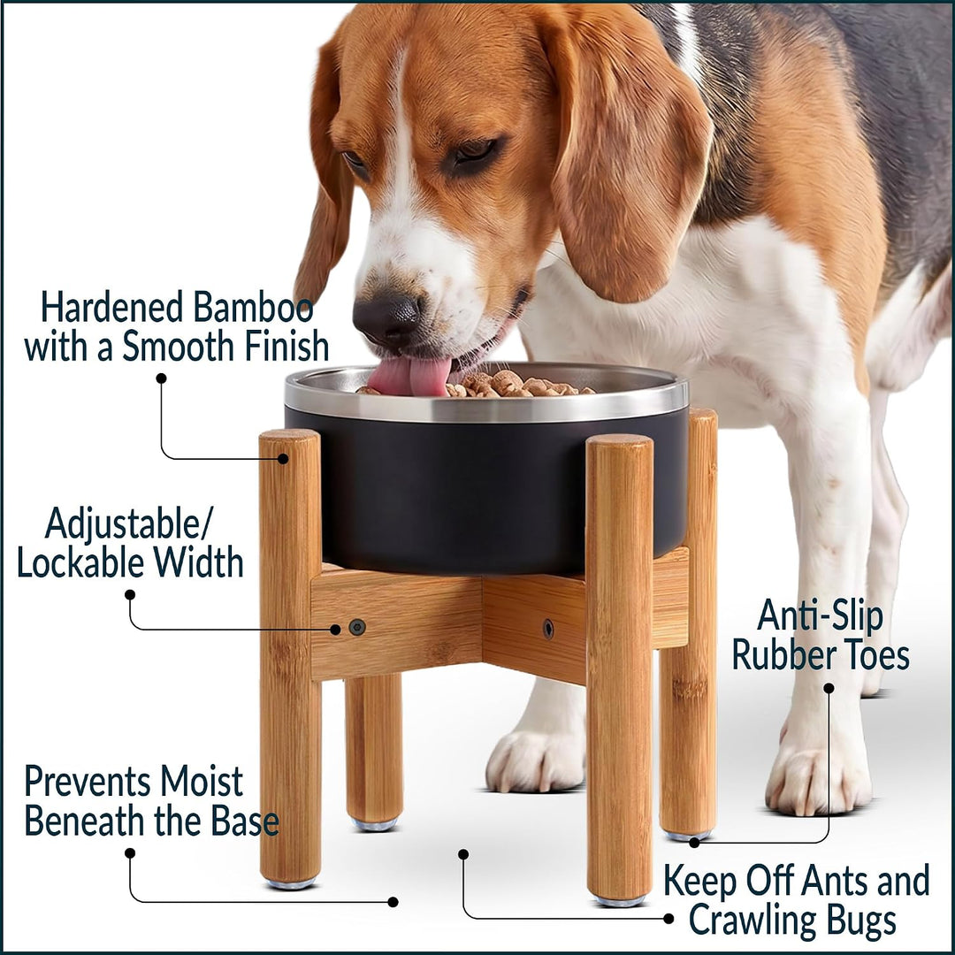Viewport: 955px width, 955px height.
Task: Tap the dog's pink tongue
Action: click(x=409, y=375)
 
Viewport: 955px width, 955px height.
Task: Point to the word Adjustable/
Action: click(x=129, y=523)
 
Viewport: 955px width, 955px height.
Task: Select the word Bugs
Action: click(x=861, y=921)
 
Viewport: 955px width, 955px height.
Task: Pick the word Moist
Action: click(x=202, y=782)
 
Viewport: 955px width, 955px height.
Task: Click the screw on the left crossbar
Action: click(x=357, y=627)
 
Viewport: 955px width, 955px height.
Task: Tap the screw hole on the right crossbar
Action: click(x=548, y=629)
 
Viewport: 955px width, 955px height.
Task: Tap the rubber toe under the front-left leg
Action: click(x=291, y=883)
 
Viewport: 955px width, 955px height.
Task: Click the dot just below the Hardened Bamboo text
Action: click(x=162, y=378)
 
